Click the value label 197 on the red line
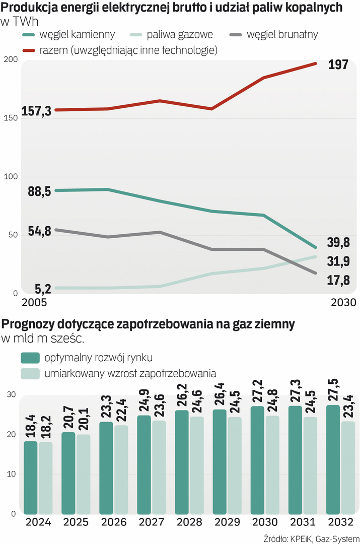tap(338, 64)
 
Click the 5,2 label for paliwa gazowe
tap(43, 289)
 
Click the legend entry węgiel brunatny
tap(282, 35)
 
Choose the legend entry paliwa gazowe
tap(179, 35)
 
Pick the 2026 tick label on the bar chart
tap(113, 522)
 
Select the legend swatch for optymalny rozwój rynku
tap(30, 358)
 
